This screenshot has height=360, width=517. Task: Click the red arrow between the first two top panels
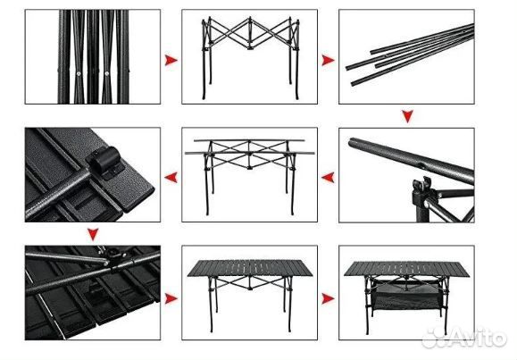tap(171, 60)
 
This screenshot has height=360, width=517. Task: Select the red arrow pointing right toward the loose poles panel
tap(328, 60)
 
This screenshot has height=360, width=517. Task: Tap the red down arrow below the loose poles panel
tap(407, 116)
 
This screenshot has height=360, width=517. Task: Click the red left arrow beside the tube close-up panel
tap(328, 178)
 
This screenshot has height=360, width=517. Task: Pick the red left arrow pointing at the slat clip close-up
tap(171, 178)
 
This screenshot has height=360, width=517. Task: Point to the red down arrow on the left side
tap(93, 234)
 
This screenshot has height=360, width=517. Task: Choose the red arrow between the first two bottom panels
tap(171, 298)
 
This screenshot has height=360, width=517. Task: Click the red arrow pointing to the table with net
tap(328, 298)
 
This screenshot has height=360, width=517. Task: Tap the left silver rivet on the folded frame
tap(79, 73)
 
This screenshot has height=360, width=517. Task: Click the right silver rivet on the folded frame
tap(106, 73)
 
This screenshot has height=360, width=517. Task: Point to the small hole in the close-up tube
tap(421, 164)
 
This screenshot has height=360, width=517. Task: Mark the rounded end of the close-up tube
tap(352, 143)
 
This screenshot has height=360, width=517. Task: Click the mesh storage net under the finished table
tap(406, 296)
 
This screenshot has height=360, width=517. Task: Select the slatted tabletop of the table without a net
tap(250, 268)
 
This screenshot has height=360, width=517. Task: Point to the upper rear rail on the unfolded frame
tap(249, 140)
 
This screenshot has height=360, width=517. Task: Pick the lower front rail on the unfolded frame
tap(250, 153)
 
